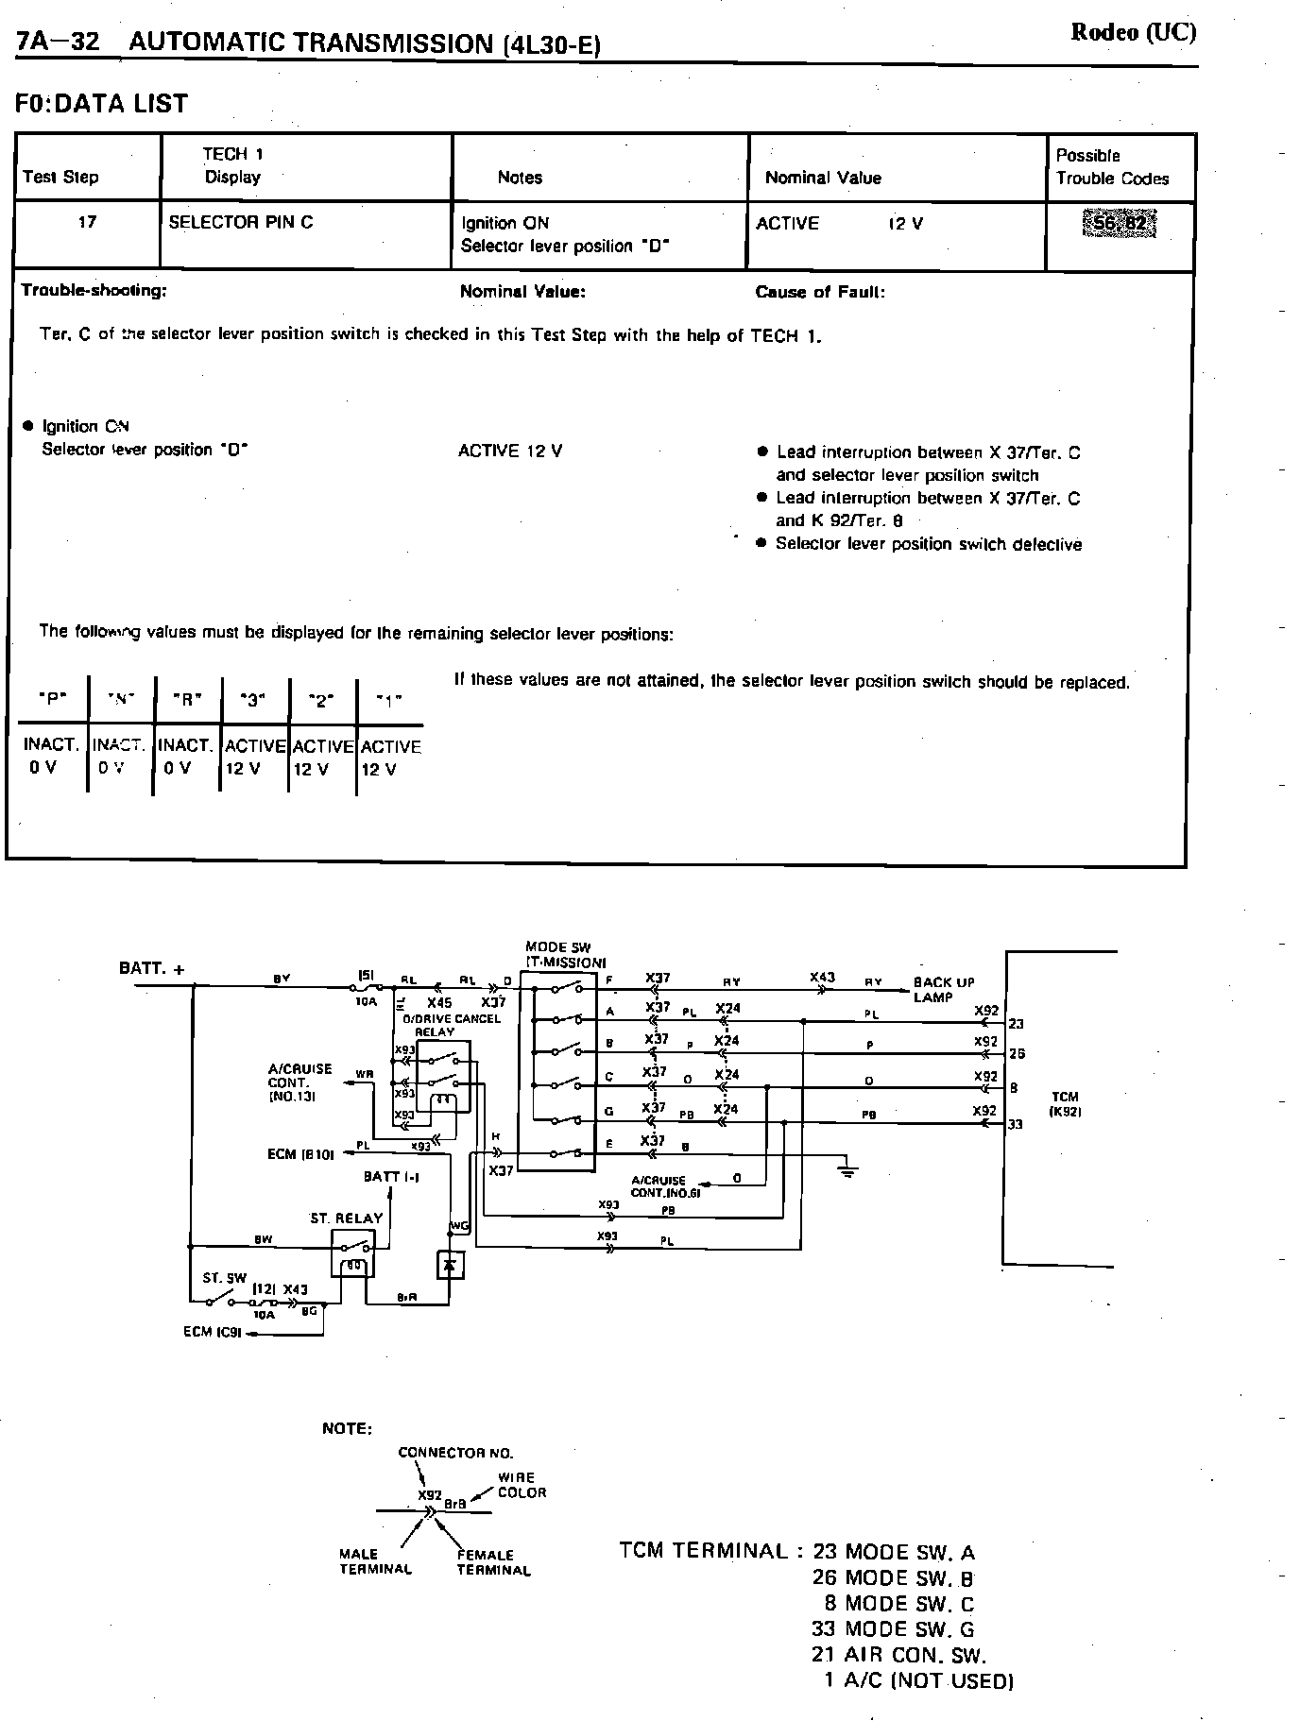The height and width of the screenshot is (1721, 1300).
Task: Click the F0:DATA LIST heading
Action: coord(102,103)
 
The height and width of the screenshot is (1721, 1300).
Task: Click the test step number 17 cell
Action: coord(87,223)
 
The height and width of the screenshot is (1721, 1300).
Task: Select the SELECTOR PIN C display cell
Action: coord(241,223)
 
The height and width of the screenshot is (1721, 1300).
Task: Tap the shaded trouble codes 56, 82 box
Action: coord(1119,225)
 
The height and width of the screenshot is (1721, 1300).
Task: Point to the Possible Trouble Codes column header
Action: coord(1112,167)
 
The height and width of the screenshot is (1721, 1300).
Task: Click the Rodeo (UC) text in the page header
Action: coord(1133,32)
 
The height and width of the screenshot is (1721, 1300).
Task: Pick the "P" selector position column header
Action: coord(53,700)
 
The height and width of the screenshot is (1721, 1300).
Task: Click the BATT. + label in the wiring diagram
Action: coord(152,968)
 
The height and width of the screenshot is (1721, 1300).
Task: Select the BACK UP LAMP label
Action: coord(944,989)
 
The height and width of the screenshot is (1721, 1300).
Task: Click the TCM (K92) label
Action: coord(1065,1103)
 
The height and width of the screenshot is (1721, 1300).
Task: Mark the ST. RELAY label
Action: coord(347,1218)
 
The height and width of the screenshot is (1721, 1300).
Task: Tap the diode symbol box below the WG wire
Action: coord(451,1263)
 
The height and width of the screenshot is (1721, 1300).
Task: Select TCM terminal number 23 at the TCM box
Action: coord(1017,1024)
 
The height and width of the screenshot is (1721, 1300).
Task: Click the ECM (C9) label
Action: coord(214,1333)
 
